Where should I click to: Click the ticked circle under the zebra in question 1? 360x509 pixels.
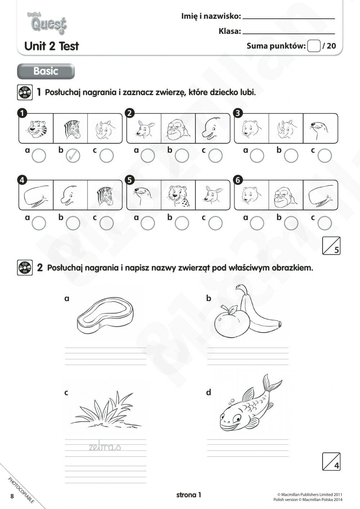73,156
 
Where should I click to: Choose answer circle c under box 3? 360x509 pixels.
325,156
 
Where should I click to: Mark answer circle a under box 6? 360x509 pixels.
257,223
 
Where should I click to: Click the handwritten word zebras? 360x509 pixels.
104,447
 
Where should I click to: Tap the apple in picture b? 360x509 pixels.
231,322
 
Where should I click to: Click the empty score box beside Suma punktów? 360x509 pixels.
314,46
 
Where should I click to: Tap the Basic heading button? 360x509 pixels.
46,71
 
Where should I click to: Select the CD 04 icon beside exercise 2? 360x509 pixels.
24,268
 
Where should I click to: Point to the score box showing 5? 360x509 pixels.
332,246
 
